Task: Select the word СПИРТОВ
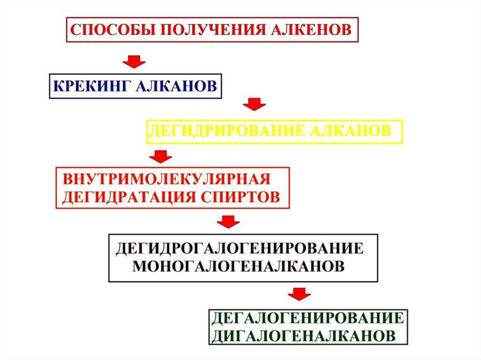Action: (x=247, y=196)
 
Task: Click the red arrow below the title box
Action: (x=134, y=61)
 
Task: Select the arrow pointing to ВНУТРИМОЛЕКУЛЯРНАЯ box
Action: (x=161, y=156)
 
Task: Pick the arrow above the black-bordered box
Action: (x=228, y=221)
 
